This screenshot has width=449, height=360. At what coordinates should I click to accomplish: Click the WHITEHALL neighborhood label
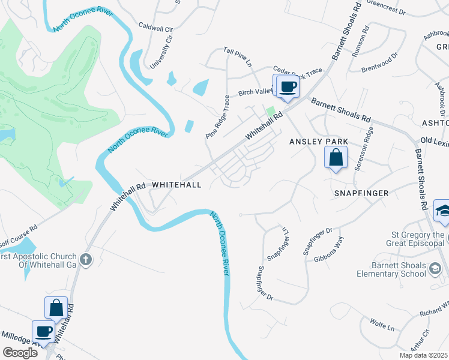point(176,185)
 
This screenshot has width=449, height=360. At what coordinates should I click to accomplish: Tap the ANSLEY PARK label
point(318,141)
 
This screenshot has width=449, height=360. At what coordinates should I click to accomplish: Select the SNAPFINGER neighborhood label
point(362,193)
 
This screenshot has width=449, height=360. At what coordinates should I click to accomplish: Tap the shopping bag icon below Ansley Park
point(336,159)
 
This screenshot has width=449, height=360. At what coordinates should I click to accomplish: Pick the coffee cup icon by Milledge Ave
point(43,332)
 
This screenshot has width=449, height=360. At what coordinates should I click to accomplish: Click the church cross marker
point(86,259)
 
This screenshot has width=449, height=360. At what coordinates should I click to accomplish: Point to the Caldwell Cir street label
point(155,28)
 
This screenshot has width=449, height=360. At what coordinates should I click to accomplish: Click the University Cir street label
point(161,52)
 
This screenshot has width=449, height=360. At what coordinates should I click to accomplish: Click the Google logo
point(20,353)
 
